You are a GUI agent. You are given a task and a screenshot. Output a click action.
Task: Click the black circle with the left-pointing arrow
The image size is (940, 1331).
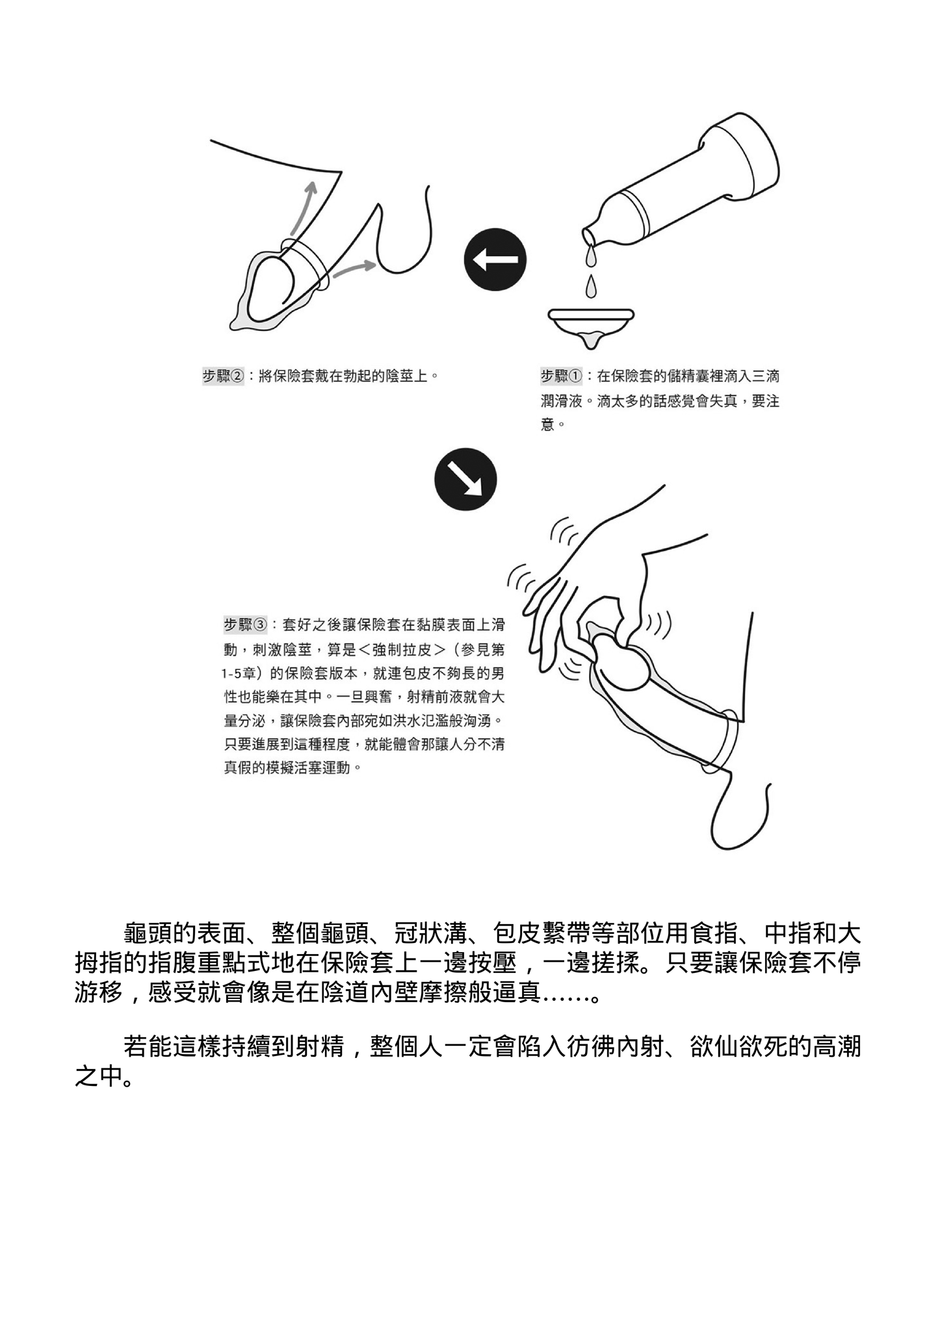click(x=495, y=259)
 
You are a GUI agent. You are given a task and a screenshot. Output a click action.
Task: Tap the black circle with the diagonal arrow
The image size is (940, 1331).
click(x=465, y=480)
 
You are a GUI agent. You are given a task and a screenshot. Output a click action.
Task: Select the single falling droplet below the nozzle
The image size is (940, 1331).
click(x=591, y=285)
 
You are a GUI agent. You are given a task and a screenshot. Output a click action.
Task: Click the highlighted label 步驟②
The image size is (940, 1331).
click(x=223, y=376)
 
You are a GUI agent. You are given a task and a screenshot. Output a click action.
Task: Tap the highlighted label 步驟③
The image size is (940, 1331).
click(x=244, y=625)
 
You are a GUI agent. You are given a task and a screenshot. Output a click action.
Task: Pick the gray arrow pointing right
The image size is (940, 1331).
click(x=358, y=267)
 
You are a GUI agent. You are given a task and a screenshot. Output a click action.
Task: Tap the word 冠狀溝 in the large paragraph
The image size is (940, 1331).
click(x=430, y=935)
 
